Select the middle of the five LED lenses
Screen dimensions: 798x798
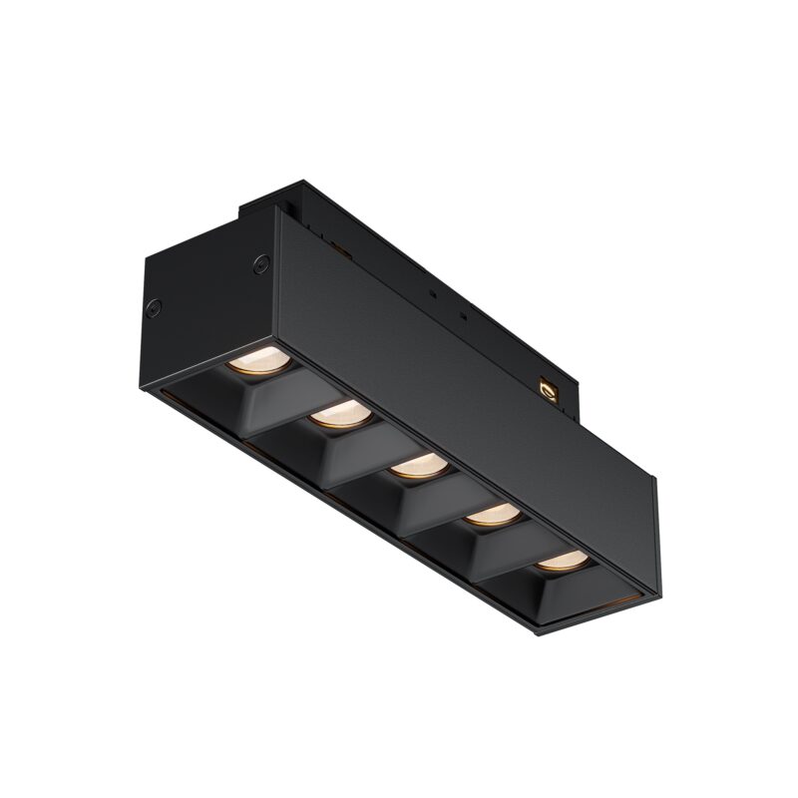415,465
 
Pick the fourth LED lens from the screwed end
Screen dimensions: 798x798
491,514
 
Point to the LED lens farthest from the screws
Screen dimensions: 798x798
559,560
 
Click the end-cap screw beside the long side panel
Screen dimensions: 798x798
262,264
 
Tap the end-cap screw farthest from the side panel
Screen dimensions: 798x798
155,307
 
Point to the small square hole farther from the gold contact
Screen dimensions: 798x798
431,296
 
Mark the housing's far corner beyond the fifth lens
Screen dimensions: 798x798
653,598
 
